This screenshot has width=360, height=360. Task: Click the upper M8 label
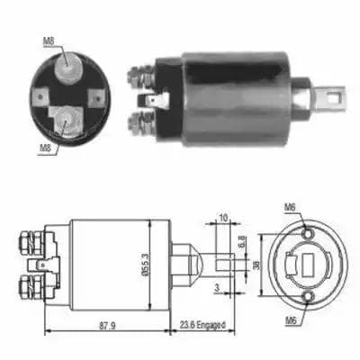(x=49, y=41)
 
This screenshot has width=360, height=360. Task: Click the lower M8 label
(x=46, y=148)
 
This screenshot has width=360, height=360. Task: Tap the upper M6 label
(x=291, y=207)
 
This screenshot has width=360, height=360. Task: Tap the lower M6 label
(x=291, y=321)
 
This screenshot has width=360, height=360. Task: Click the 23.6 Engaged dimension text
(x=202, y=325)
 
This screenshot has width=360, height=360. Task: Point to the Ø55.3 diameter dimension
(x=145, y=265)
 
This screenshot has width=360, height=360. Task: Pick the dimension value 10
(x=223, y=218)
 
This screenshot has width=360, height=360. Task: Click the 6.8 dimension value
(x=242, y=242)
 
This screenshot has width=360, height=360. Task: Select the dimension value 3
(x=217, y=288)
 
